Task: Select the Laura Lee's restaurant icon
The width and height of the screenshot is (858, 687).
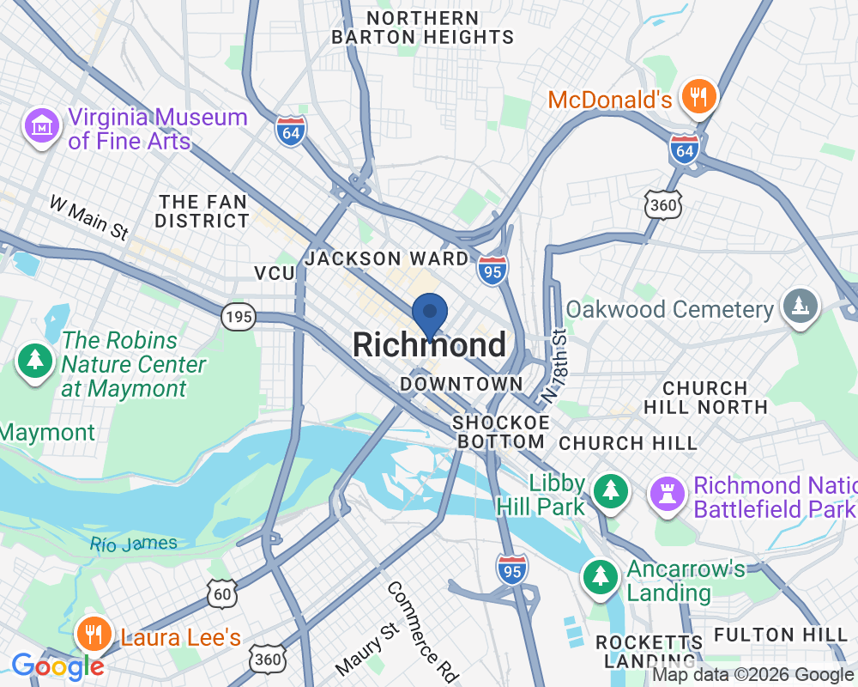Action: point(91,635)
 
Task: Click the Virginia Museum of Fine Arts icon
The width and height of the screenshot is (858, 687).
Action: point(40,127)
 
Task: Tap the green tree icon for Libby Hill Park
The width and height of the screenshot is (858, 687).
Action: point(610,491)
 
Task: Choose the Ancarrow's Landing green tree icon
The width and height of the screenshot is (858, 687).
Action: point(601,577)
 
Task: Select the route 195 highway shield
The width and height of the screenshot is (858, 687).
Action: point(238,317)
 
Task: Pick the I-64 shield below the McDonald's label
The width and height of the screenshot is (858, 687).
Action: point(684,149)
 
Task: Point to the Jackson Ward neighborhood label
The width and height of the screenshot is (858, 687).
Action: point(387,258)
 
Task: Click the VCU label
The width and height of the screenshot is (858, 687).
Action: point(274,273)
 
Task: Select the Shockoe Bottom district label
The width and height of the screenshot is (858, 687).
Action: point(500,432)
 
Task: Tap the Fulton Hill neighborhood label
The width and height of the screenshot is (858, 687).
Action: point(779,635)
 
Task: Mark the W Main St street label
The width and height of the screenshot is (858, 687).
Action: point(88,217)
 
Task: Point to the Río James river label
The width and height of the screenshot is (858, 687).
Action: point(133,544)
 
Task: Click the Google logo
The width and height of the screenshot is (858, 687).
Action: point(57,666)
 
